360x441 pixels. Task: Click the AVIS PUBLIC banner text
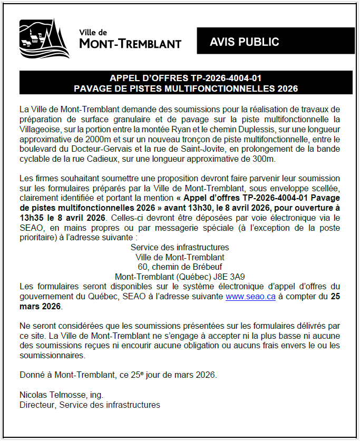(244, 42)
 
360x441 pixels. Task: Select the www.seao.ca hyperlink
(250, 297)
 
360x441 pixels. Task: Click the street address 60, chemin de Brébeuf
(179, 267)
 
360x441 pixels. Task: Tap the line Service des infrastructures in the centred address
(180, 247)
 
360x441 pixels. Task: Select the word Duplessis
(253, 129)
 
